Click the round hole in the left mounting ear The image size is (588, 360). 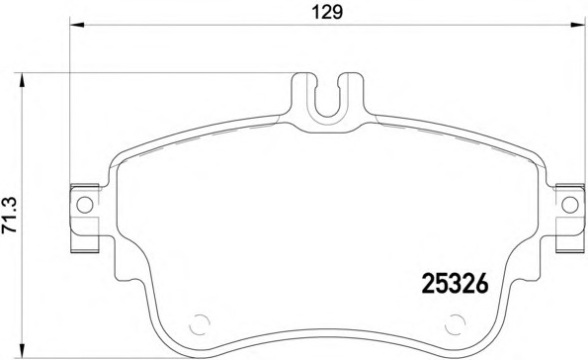point(83,205)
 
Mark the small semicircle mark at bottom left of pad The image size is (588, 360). point(200,323)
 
